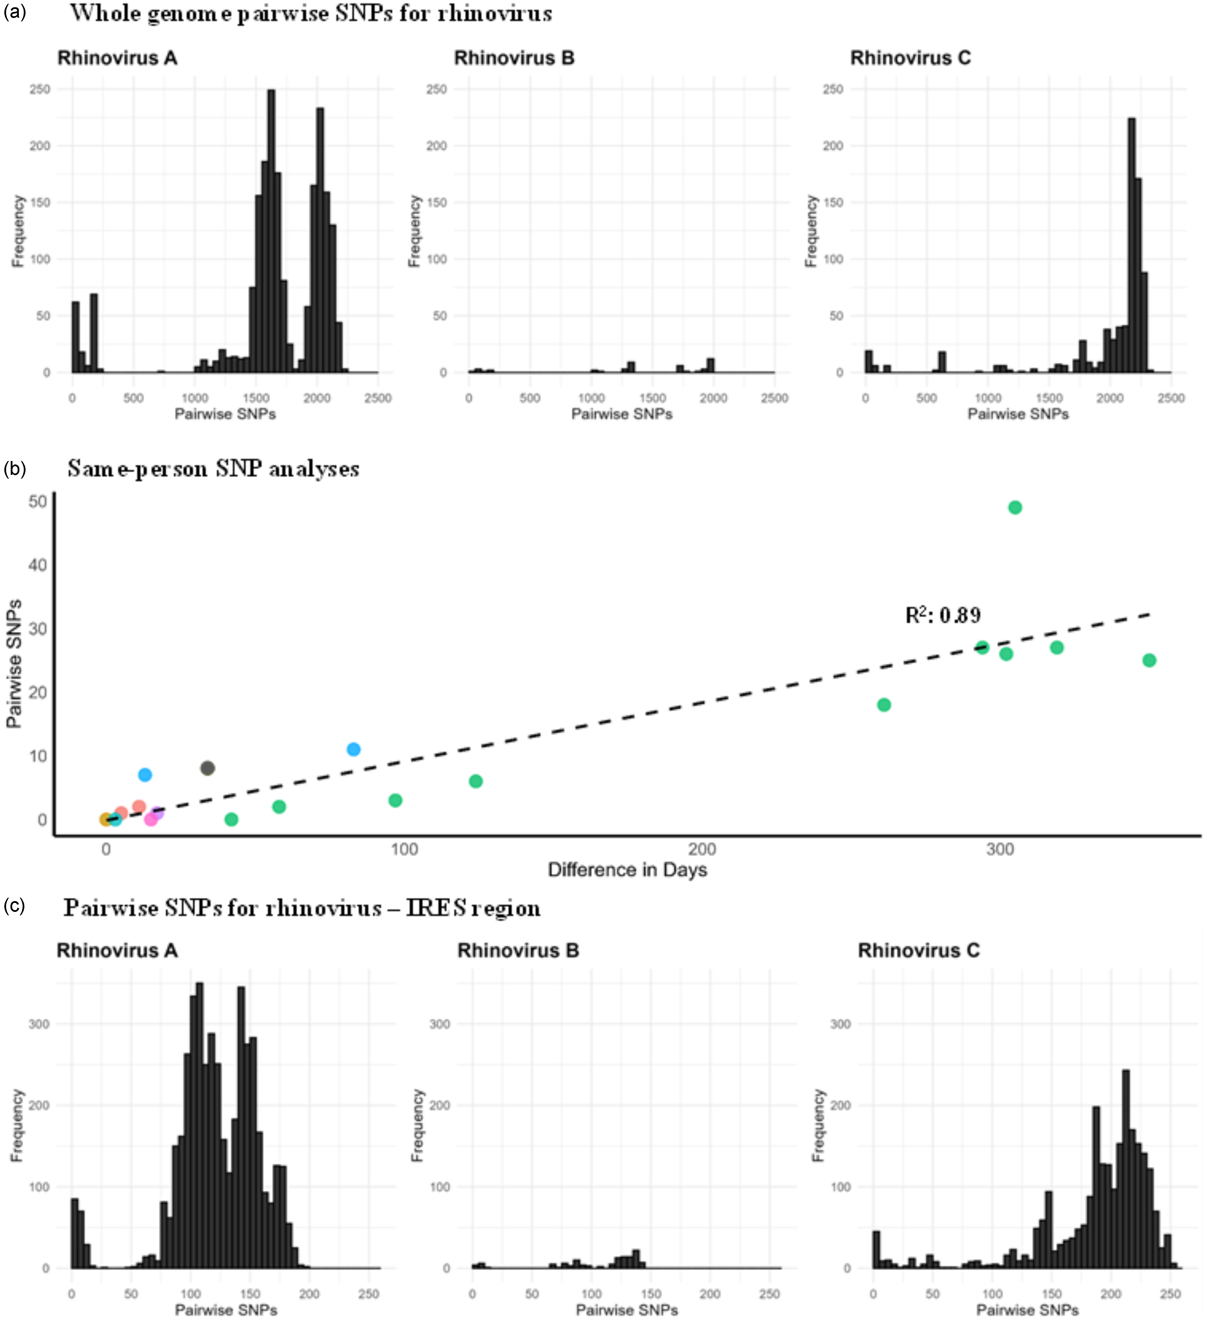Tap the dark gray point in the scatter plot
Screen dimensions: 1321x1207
(207, 768)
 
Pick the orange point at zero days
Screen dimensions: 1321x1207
(105, 819)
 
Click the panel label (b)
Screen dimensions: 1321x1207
(14, 469)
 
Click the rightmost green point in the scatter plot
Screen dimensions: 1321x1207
(1149, 661)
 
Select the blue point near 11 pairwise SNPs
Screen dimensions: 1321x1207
(353, 749)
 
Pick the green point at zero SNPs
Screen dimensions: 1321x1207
(231, 819)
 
